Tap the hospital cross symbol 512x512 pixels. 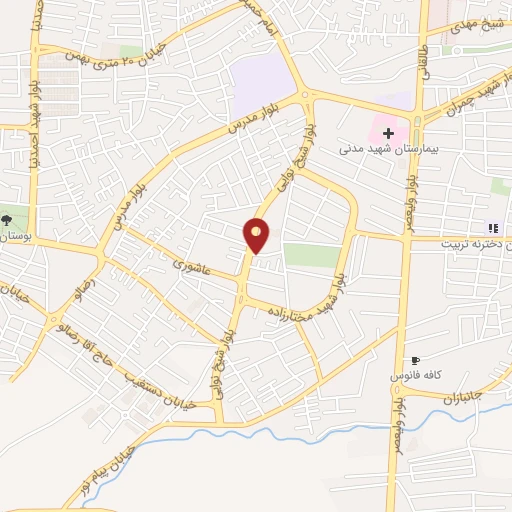click(x=388, y=133)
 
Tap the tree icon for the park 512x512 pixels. click(x=8, y=219)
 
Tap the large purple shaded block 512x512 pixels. click(x=261, y=84)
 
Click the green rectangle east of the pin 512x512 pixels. click(x=312, y=255)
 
